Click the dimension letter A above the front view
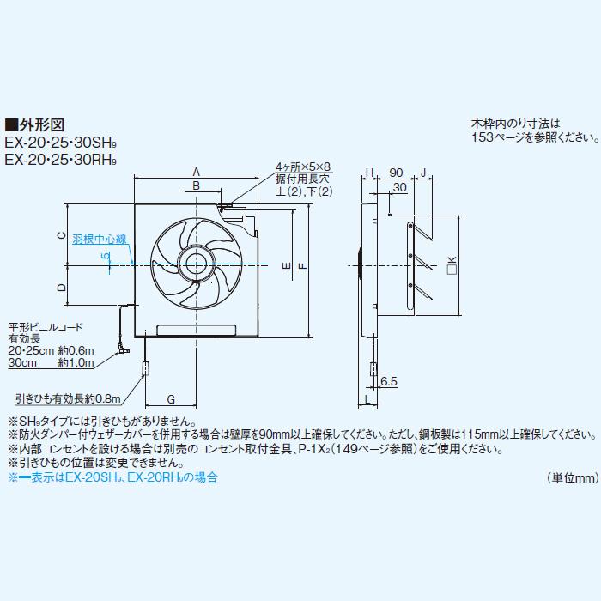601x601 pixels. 196,170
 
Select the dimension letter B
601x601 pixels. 196,185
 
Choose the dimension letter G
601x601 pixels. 171,398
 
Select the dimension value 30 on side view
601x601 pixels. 399,187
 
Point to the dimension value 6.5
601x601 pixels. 388,379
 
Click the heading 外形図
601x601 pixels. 41,124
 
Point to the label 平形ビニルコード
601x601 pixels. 46,327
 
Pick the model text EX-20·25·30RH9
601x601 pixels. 61,159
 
